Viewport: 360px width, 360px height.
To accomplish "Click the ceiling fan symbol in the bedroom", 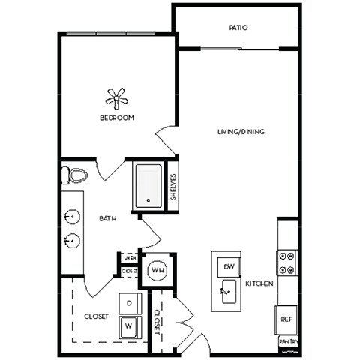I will [x=116, y=97].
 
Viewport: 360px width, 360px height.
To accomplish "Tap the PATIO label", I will [x=238, y=28].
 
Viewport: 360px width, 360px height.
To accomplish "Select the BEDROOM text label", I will [x=116, y=118].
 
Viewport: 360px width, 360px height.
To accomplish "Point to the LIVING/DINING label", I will [x=241, y=132].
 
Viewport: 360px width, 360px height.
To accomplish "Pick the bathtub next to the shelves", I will [x=149, y=184].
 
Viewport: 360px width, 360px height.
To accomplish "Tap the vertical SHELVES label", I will [x=172, y=187].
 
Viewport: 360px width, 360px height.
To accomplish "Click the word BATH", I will [x=107, y=219].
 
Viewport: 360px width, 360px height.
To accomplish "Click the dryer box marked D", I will [x=128, y=302].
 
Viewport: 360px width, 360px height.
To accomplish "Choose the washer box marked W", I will [x=128, y=325].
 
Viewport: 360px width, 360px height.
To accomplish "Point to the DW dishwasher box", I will [x=228, y=267].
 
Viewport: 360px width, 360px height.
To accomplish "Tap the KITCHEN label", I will [x=259, y=284].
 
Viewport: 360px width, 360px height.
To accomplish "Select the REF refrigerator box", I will [x=286, y=318].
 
